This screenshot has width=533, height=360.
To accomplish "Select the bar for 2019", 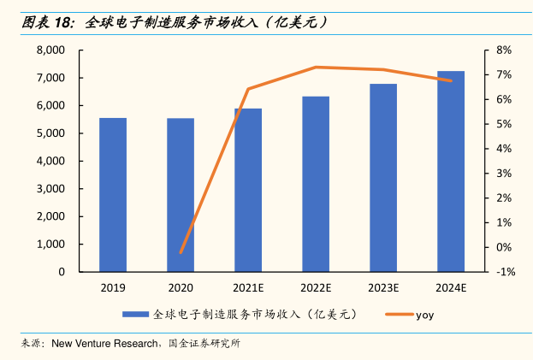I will pos(113,195).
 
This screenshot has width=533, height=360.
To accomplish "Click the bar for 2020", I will pos(181,195).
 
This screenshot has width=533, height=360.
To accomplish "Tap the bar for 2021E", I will pos(248,190).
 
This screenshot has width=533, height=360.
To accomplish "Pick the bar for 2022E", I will pos(316,184).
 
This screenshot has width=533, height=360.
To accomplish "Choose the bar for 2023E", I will pos(383,178).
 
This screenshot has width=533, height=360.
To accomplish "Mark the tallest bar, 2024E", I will pos(451,171).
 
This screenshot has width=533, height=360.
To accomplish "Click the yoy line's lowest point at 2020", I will pos(181,253).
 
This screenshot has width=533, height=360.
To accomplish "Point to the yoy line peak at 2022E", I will pos(316,67).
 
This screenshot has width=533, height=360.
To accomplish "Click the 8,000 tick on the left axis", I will pos(50,50).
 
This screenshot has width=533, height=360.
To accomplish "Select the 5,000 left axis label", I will pos(50,133).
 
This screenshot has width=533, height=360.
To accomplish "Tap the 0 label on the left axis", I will pos(62,272).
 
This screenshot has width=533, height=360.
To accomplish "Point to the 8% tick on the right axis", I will pos(504,50).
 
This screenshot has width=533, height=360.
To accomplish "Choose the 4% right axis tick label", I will pos(504,149).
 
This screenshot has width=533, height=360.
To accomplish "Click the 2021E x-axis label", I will pos(248,287).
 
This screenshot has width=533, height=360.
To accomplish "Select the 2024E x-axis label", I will pos(451,287).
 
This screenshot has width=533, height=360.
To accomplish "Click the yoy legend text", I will pos(425,316).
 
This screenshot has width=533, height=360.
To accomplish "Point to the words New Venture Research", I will pos(104,344).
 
